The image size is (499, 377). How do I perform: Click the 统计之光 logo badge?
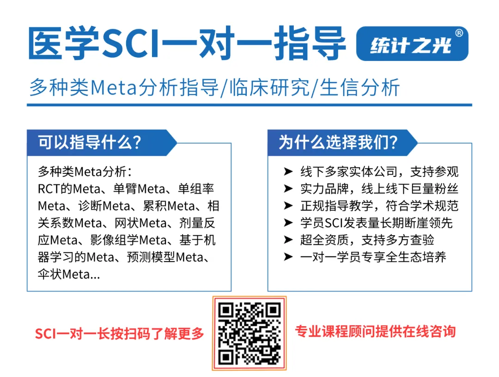pos(412,44)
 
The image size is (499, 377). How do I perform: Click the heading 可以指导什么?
pos(90,142)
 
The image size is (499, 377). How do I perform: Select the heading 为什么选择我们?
pos(338,142)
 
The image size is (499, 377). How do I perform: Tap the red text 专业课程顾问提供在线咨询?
pos(375,331)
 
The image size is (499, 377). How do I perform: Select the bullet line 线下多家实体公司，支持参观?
pos(379,172)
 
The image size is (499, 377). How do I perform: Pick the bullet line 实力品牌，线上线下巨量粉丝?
pos(379,189)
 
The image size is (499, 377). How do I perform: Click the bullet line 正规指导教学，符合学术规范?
pos(379,206)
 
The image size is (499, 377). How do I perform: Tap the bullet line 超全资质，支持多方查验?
pos(367,240)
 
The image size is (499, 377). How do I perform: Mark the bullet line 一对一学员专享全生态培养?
pos(373,257)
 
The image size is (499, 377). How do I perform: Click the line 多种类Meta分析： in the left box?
pos(85,172)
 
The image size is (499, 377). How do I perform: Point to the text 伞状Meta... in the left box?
pos(69,274)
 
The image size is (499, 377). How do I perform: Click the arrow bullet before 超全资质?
pos(288,240)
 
